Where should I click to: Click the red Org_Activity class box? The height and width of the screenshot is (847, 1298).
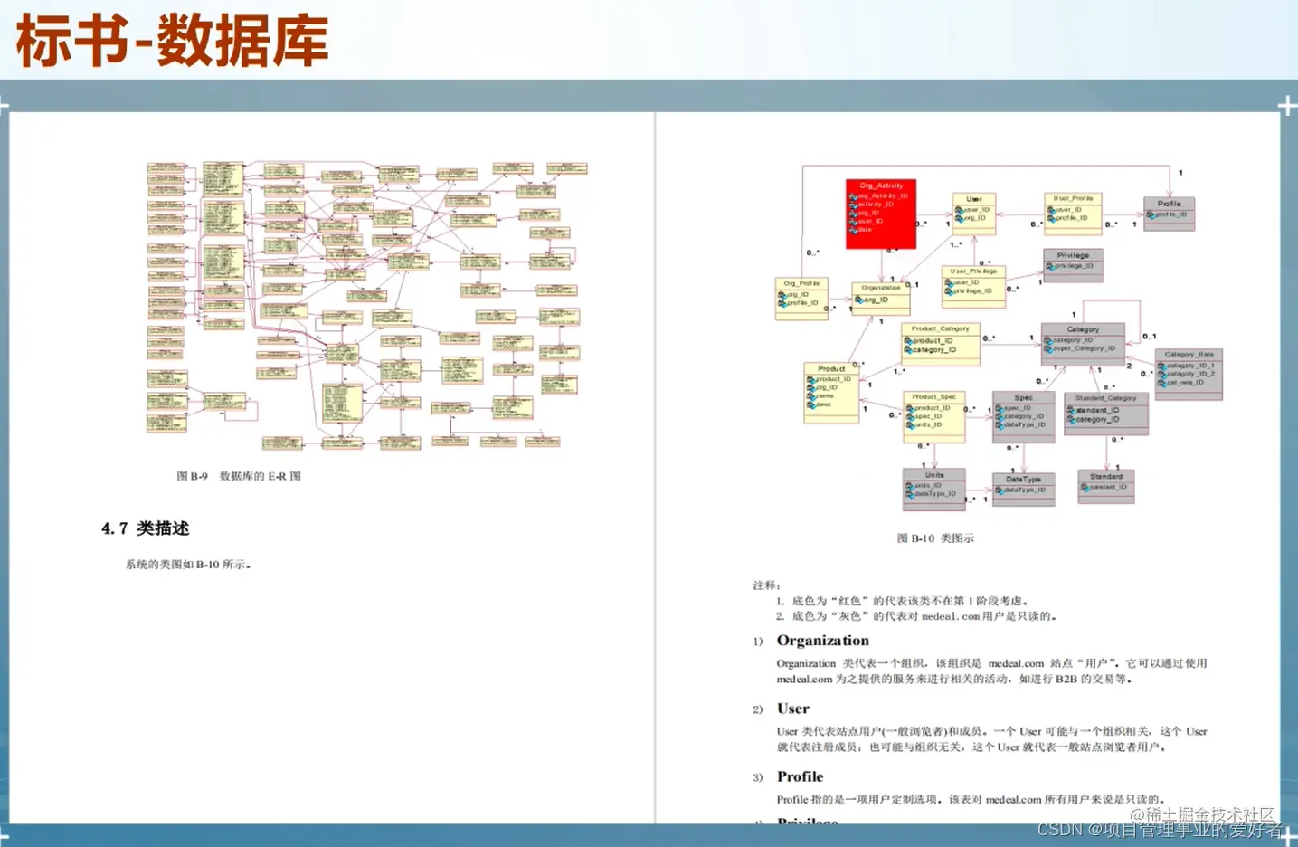click(x=881, y=214)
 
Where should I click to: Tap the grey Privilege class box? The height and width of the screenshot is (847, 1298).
click(x=1073, y=265)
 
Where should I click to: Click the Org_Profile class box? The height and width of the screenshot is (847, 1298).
click(x=801, y=299)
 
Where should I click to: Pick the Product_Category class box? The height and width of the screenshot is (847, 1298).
click(x=941, y=344)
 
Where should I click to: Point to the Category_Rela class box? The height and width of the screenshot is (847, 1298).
click(x=1189, y=374)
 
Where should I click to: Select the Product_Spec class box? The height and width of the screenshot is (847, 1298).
click(x=934, y=416)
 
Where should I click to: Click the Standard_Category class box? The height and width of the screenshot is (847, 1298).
click(x=1105, y=414)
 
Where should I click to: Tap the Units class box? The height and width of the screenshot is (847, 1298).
click(x=933, y=489)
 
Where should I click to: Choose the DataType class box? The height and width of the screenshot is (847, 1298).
click(x=1023, y=489)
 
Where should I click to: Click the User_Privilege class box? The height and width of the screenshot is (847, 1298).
click(x=973, y=286)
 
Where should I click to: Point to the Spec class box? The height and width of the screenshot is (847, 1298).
click(x=1023, y=416)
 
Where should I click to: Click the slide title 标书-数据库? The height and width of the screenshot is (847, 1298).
click(x=172, y=42)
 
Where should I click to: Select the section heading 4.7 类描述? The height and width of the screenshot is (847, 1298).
click(x=146, y=528)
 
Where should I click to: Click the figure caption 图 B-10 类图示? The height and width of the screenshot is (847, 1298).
click(x=935, y=538)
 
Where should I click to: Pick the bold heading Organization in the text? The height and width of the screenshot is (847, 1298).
click(x=822, y=641)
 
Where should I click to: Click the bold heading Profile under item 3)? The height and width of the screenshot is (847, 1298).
click(x=800, y=776)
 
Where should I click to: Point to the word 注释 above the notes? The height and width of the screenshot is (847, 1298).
click(x=766, y=585)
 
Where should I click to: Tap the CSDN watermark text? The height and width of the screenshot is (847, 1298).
click(x=1159, y=830)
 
